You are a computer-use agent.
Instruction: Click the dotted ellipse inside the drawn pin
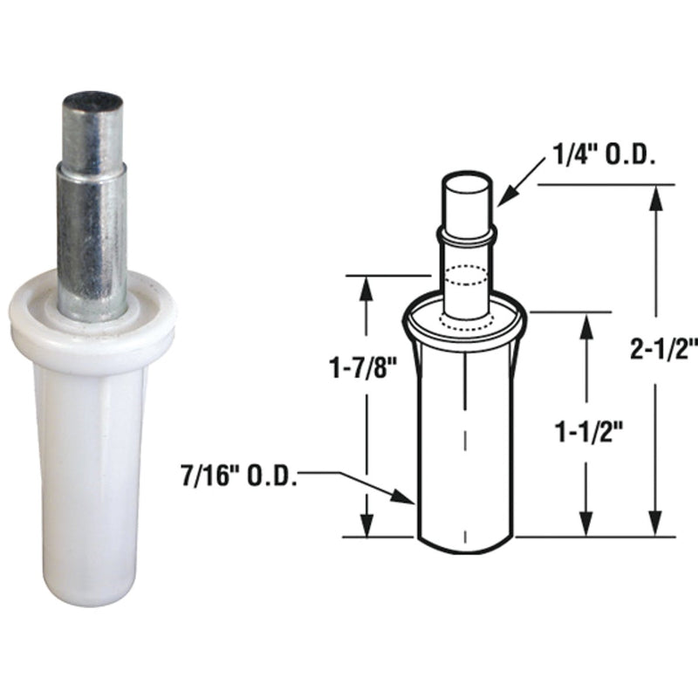tap(464, 277)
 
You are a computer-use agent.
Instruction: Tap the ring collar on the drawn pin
tap(464, 234)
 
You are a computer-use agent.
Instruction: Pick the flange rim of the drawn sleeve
tap(464, 323)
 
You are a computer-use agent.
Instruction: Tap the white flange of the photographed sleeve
tap(92, 323)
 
